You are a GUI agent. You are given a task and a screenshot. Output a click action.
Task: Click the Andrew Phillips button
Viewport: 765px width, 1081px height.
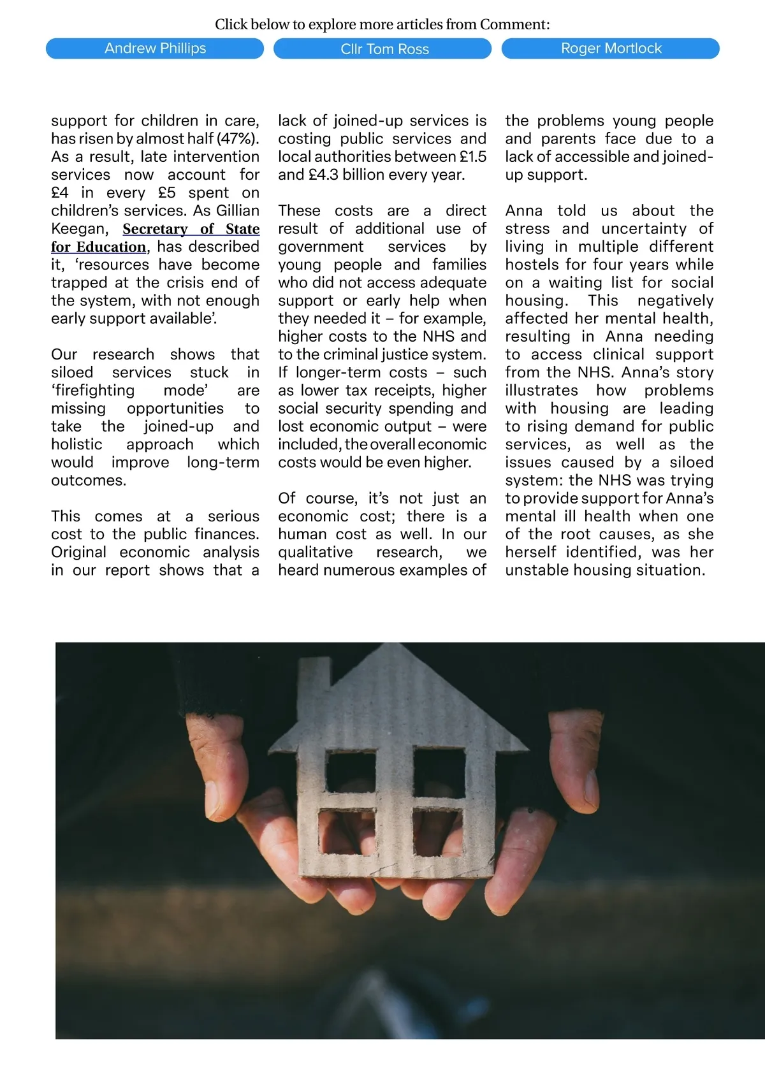(x=155, y=48)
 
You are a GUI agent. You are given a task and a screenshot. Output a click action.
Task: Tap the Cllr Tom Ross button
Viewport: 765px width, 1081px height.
(x=382, y=49)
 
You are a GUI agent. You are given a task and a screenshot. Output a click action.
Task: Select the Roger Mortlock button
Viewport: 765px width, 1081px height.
(x=610, y=48)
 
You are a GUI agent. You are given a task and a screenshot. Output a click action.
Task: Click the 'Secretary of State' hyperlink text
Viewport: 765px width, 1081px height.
(x=191, y=229)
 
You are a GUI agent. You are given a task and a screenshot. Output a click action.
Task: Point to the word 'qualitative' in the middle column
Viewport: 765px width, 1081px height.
(x=315, y=552)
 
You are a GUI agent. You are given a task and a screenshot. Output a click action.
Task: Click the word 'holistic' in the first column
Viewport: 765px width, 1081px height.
(x=76, y=444)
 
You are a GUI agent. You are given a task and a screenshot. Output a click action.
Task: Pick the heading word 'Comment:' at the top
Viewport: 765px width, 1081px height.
(x=514, y=25)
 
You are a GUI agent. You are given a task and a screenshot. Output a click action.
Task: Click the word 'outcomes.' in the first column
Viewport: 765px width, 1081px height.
(x=89, y=481)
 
